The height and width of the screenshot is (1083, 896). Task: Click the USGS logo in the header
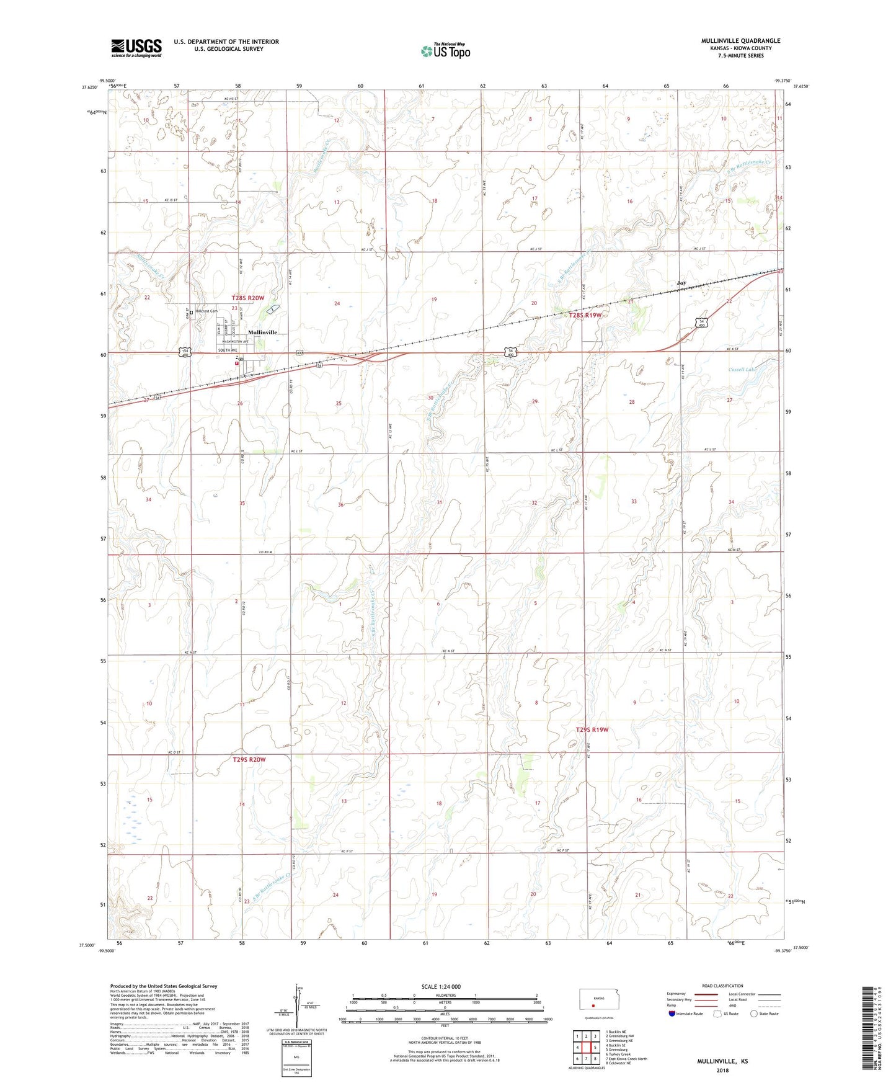(136, 48)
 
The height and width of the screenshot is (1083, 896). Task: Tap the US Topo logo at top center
(445, 51)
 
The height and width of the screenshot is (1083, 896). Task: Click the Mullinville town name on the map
(262, 332)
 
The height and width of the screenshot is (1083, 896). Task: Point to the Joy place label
(681, 283)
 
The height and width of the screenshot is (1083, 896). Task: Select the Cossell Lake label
(742, 370)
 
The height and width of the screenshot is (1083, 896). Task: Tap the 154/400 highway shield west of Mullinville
(184, 352)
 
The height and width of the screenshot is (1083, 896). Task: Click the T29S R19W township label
(592, 729)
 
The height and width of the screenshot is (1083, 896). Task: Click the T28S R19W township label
(585, 315)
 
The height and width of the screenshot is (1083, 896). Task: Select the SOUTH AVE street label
(228, 350)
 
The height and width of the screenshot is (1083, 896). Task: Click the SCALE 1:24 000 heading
(441, 987)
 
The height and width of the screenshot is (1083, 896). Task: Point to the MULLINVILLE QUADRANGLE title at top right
(740, 41)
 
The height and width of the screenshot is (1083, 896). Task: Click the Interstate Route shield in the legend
(672, 1014)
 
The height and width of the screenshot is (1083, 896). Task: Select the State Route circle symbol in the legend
(754, 1014)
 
